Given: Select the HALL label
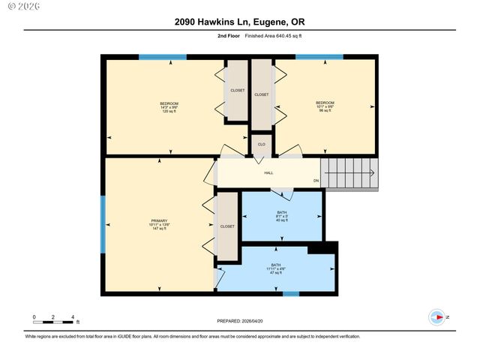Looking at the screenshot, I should (x=268, y=173).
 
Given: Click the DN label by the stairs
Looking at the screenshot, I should (x=316, y=181).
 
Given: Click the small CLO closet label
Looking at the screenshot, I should (x=261, y=144).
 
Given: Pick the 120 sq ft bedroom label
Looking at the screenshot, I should (x=169, y=107).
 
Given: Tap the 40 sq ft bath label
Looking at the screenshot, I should (x=281, y=217).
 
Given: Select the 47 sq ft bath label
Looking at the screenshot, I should (x=276, y=268).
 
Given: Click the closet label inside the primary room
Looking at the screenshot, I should (x=226, y=226).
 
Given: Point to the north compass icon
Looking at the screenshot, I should (x=436, y=318).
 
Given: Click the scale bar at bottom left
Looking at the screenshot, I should (x=52, y=322).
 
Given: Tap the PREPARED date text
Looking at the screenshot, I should (x=239, y=320).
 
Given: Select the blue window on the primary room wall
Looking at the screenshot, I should (x=103, y=225).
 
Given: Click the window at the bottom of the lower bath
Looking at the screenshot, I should (x=291, y=293).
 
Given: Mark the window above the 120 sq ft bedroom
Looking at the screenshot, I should (x=163, y=57).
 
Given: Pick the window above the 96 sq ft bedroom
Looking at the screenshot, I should (x=319, y=57).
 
